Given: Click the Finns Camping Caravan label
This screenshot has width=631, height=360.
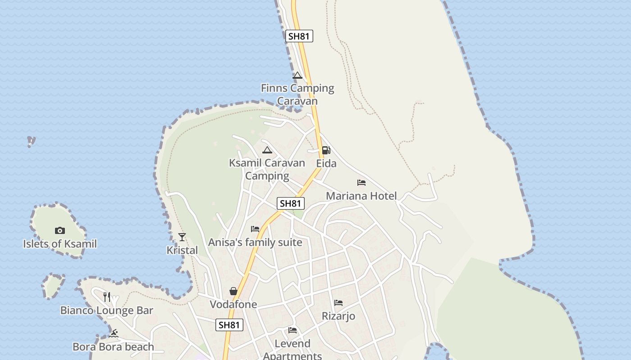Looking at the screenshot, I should pos(297,94).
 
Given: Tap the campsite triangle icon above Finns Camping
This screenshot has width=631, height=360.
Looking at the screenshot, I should pos(297,75).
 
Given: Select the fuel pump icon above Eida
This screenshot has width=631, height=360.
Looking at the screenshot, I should pos(326,150).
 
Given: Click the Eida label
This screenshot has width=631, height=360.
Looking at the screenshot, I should pos(326,163).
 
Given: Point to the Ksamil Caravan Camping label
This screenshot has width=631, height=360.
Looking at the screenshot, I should pos(267,169).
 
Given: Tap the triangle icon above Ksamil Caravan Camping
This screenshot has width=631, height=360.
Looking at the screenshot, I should pos(267,150).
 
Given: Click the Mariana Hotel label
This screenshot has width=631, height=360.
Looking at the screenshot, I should pos(361,196).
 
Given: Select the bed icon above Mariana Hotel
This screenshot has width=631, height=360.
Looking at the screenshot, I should pos(361,183).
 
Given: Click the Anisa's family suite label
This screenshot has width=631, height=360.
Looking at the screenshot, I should pos(255,242).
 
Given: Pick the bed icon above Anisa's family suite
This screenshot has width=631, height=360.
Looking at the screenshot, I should pos(255,229).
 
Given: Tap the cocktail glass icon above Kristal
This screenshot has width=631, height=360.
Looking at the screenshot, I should pos(182,237).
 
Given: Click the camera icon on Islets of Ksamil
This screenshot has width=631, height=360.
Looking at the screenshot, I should pos(60,231).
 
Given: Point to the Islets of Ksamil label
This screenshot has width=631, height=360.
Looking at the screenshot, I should pos(60,244).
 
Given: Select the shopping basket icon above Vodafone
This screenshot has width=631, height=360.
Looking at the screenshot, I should pos(233,291).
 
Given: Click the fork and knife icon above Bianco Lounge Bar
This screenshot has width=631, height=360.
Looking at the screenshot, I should pos(107,297).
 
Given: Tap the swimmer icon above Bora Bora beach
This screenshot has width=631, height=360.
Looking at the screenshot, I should pos(114,333).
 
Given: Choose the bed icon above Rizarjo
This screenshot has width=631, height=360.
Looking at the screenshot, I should pos(338,303).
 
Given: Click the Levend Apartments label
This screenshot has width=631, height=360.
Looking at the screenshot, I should pos(293,350).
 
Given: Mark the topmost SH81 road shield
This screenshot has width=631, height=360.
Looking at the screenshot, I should pos(299,36).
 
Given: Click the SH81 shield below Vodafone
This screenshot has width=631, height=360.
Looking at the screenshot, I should pos(229,325).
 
